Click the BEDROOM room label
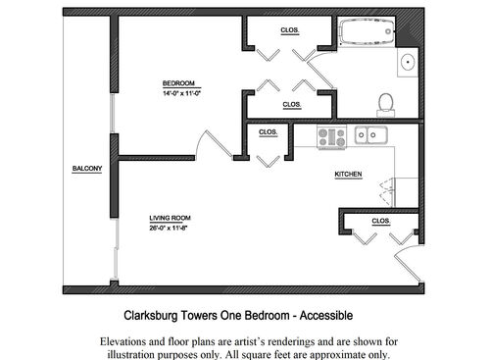click(179, 82)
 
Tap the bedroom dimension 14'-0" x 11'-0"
click(181, 93)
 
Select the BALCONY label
click(86, 169)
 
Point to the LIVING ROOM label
click(170, 218)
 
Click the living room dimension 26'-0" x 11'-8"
click(170, 229)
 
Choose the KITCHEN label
click(349, 175)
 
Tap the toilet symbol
click(385, 102)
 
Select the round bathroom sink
click(409, 63)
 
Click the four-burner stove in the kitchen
click(331, 136)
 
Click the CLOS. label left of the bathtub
click(290, 30)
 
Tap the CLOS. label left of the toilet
click(291, 104)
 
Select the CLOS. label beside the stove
click(268, 131)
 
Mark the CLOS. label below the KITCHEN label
click(381, 222)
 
